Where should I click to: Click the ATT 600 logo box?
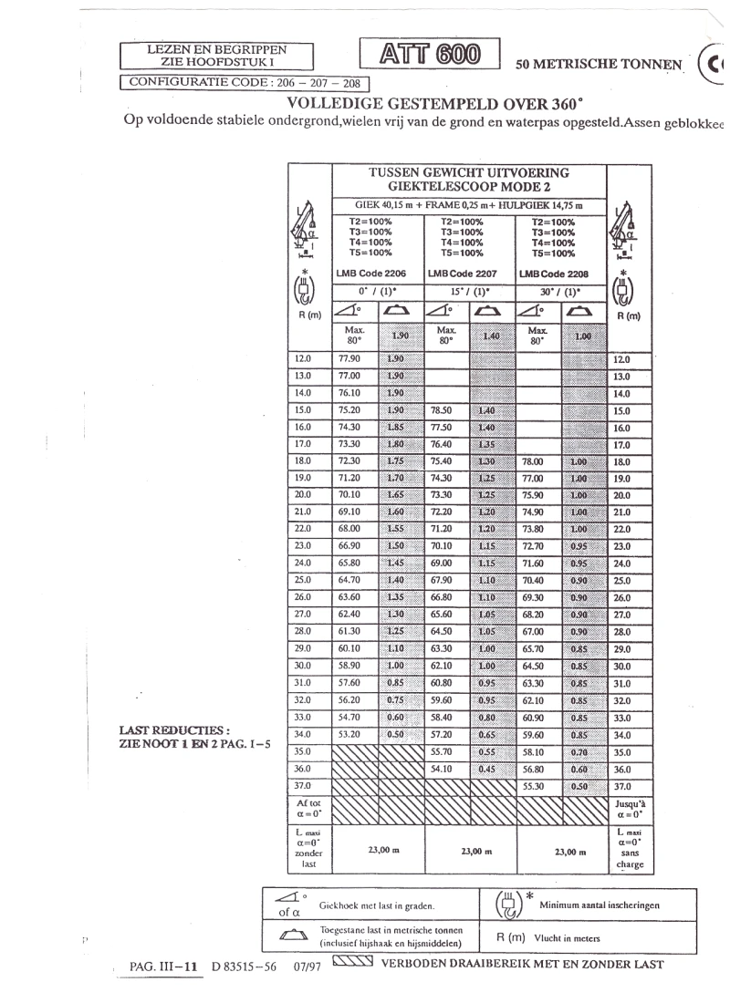[x=431, y=55]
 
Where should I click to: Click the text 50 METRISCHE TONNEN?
[x=599, y=65]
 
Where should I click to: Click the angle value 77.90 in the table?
[x=349, y=359]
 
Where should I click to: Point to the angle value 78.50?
[x=443, y=410]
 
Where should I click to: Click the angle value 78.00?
[x=533, y=461]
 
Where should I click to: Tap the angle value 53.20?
[x=349, y=734]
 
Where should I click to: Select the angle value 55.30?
[x=533, y=785]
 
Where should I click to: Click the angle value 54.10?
[x=443, y=768]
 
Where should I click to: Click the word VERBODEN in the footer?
[x=414, y=964]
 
